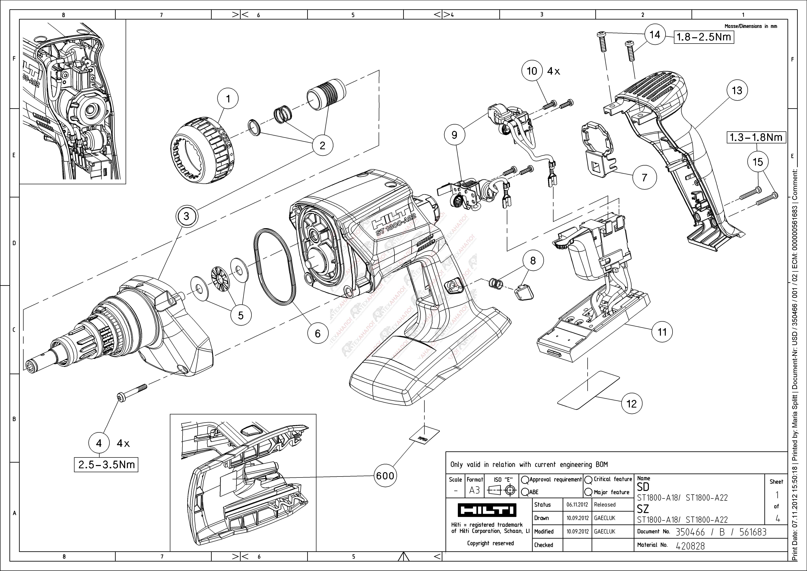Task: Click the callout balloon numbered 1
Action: (228, 99)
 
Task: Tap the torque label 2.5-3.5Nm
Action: (106, 464)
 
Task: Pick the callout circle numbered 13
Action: (737, 90)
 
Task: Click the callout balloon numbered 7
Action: (644, 178)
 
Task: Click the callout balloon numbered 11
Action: (662, 332)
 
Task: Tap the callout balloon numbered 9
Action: (454, 135)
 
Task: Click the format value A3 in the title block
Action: (474, 490)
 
